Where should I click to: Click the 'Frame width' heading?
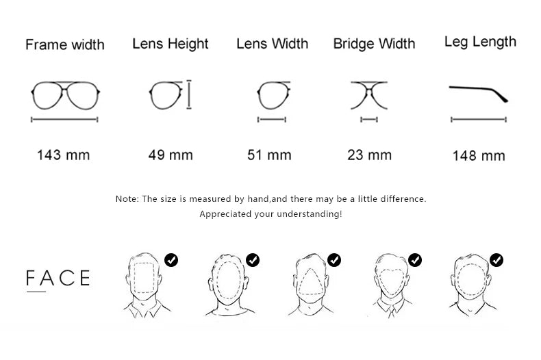[x=65, y=44]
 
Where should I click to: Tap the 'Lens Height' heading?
[x=171, y=44]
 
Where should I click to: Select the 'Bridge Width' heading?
[x=375, y=44]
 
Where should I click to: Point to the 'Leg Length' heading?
[x=480, y=42]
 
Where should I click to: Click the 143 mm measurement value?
[x=64, y=155]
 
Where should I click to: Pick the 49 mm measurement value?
[x=171, y=155]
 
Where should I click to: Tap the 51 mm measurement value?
[x=269, y=155]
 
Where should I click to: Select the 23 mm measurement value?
[x=370, y=155]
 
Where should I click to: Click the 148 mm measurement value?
[x=479, y=156]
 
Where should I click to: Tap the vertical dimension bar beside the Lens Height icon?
[x=189, y=95]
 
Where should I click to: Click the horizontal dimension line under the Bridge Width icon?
[x=369, y=120]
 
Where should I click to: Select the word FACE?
[x=58, y=278]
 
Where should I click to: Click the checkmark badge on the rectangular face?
[x=171, y=260]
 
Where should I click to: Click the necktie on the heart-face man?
[x=392, y=311]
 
